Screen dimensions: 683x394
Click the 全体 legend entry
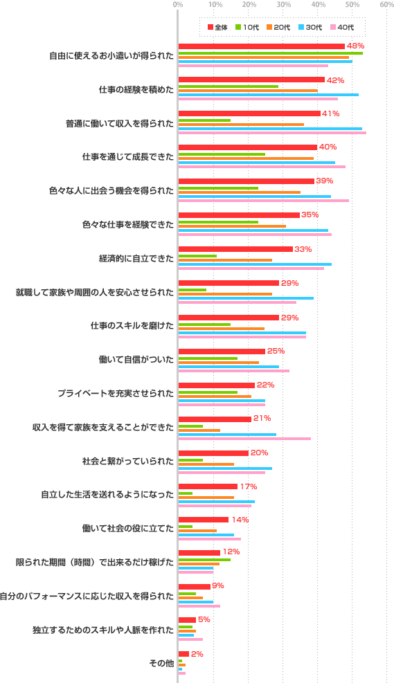tap(217, 27)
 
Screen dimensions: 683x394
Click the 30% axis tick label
tap(283, 5)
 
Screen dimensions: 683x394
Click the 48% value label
tap(355, 46)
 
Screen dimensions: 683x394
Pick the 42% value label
tap(335, 80)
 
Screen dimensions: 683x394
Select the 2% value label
tap(197, 654)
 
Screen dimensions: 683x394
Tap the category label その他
tap(161, 663)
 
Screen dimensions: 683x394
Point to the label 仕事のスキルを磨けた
tap(132, 326)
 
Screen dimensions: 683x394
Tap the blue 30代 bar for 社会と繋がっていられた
tap(225, 468)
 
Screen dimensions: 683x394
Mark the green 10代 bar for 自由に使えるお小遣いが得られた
tap(270, 53)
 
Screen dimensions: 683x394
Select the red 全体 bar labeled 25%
tap(222, 352)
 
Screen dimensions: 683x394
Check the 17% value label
tap(249, 486)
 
